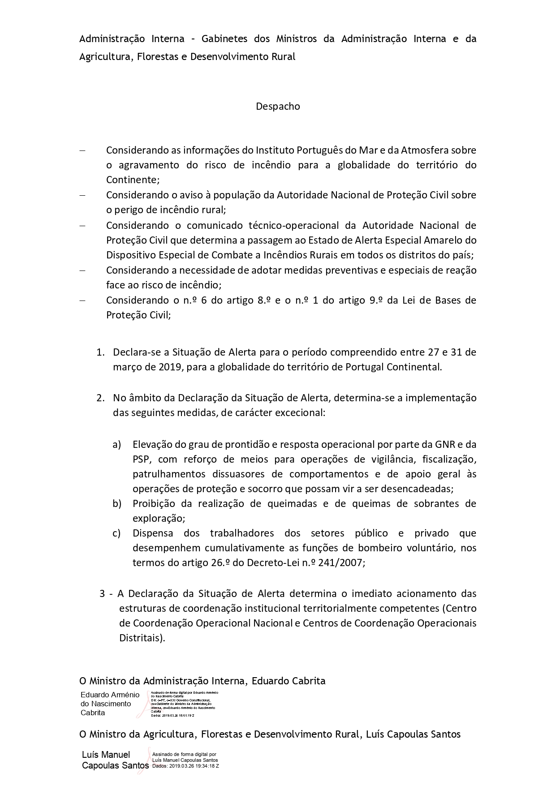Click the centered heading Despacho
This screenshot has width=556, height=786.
[x=278, y=107]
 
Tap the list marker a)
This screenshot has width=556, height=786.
[x=117, y=444]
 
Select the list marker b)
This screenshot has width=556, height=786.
[x=117, y=503]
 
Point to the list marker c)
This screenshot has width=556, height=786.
[x=117, y=533]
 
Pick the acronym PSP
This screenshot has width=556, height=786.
[x=142, y=459]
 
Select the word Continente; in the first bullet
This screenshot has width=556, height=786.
[x=133, y=180]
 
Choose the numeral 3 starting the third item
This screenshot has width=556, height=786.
[x=102, y=594]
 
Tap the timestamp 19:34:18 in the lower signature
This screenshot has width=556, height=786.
[x=201, y=766]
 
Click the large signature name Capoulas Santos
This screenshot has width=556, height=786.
[x=115, y=766]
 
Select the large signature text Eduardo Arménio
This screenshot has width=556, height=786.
[x=110, y=695]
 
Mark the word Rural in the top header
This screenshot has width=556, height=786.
[x=283, y=57]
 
